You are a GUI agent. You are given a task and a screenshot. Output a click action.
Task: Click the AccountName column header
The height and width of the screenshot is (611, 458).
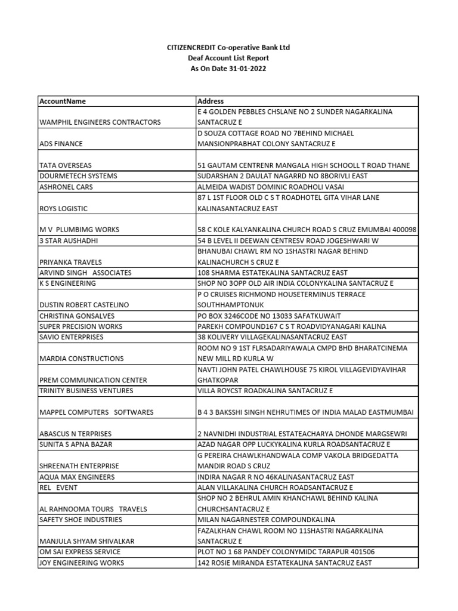(x=63, y=101)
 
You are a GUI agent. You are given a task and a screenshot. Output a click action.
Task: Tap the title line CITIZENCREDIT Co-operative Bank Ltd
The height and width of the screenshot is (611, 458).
(x=228, y=47)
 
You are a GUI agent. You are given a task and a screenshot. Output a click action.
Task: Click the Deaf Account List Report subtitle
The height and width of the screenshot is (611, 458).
(x=228, y=58)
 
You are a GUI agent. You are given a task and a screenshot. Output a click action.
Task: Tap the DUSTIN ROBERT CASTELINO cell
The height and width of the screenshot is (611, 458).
(x=83, y=305)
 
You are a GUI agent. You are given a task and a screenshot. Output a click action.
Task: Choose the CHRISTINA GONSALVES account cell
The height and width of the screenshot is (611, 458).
(x=76, y=316)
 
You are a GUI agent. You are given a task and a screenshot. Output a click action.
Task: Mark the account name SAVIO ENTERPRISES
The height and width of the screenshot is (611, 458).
(x=71, y=337)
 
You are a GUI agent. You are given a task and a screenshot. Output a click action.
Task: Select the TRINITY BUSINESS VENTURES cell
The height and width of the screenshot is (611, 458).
(x=87, y=391)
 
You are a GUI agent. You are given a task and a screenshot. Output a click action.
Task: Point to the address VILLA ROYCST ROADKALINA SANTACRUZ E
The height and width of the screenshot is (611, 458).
(x=265, y=391)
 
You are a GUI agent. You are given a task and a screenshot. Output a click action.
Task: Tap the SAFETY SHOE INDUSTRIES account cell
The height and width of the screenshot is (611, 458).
(x=81, y=520)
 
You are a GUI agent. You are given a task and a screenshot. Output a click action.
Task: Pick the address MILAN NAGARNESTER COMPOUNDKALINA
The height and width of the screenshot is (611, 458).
(x=266, y=520)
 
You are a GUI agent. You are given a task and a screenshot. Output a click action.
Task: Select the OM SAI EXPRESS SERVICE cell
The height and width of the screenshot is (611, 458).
(x=80, y=552)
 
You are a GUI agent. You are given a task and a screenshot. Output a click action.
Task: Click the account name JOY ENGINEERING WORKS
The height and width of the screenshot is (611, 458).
(x=82, y=563)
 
